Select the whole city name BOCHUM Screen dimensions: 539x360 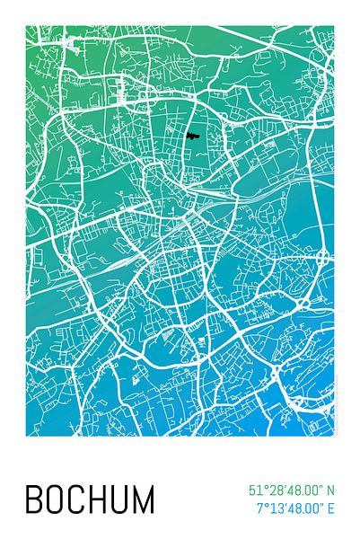[89, 499]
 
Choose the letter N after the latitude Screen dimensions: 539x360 [330, 490]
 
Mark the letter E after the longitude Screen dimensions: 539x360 [330, 508]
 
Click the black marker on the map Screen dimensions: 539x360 [192, 136]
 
